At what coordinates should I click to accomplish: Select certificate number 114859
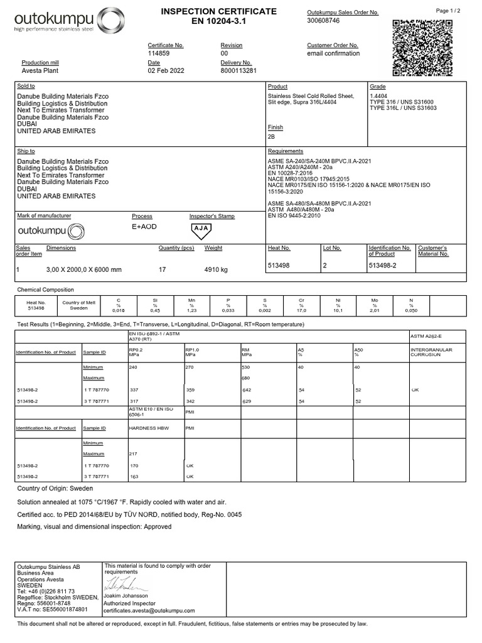tap(159, 53)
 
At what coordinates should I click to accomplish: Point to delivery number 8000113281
tap(238, 71)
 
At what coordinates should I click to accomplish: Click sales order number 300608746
tap(323, 21)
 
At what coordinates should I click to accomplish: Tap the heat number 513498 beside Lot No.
tap(279, 266)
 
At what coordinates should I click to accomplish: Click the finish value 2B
tap(272, 136)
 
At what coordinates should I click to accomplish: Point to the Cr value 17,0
tap(301, 310)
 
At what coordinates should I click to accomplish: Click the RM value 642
tap(247, 390)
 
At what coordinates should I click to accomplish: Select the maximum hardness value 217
tap(133, 453)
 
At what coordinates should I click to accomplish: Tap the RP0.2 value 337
tap(134, 390)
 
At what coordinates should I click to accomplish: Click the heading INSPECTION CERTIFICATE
tap(218, 12)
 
